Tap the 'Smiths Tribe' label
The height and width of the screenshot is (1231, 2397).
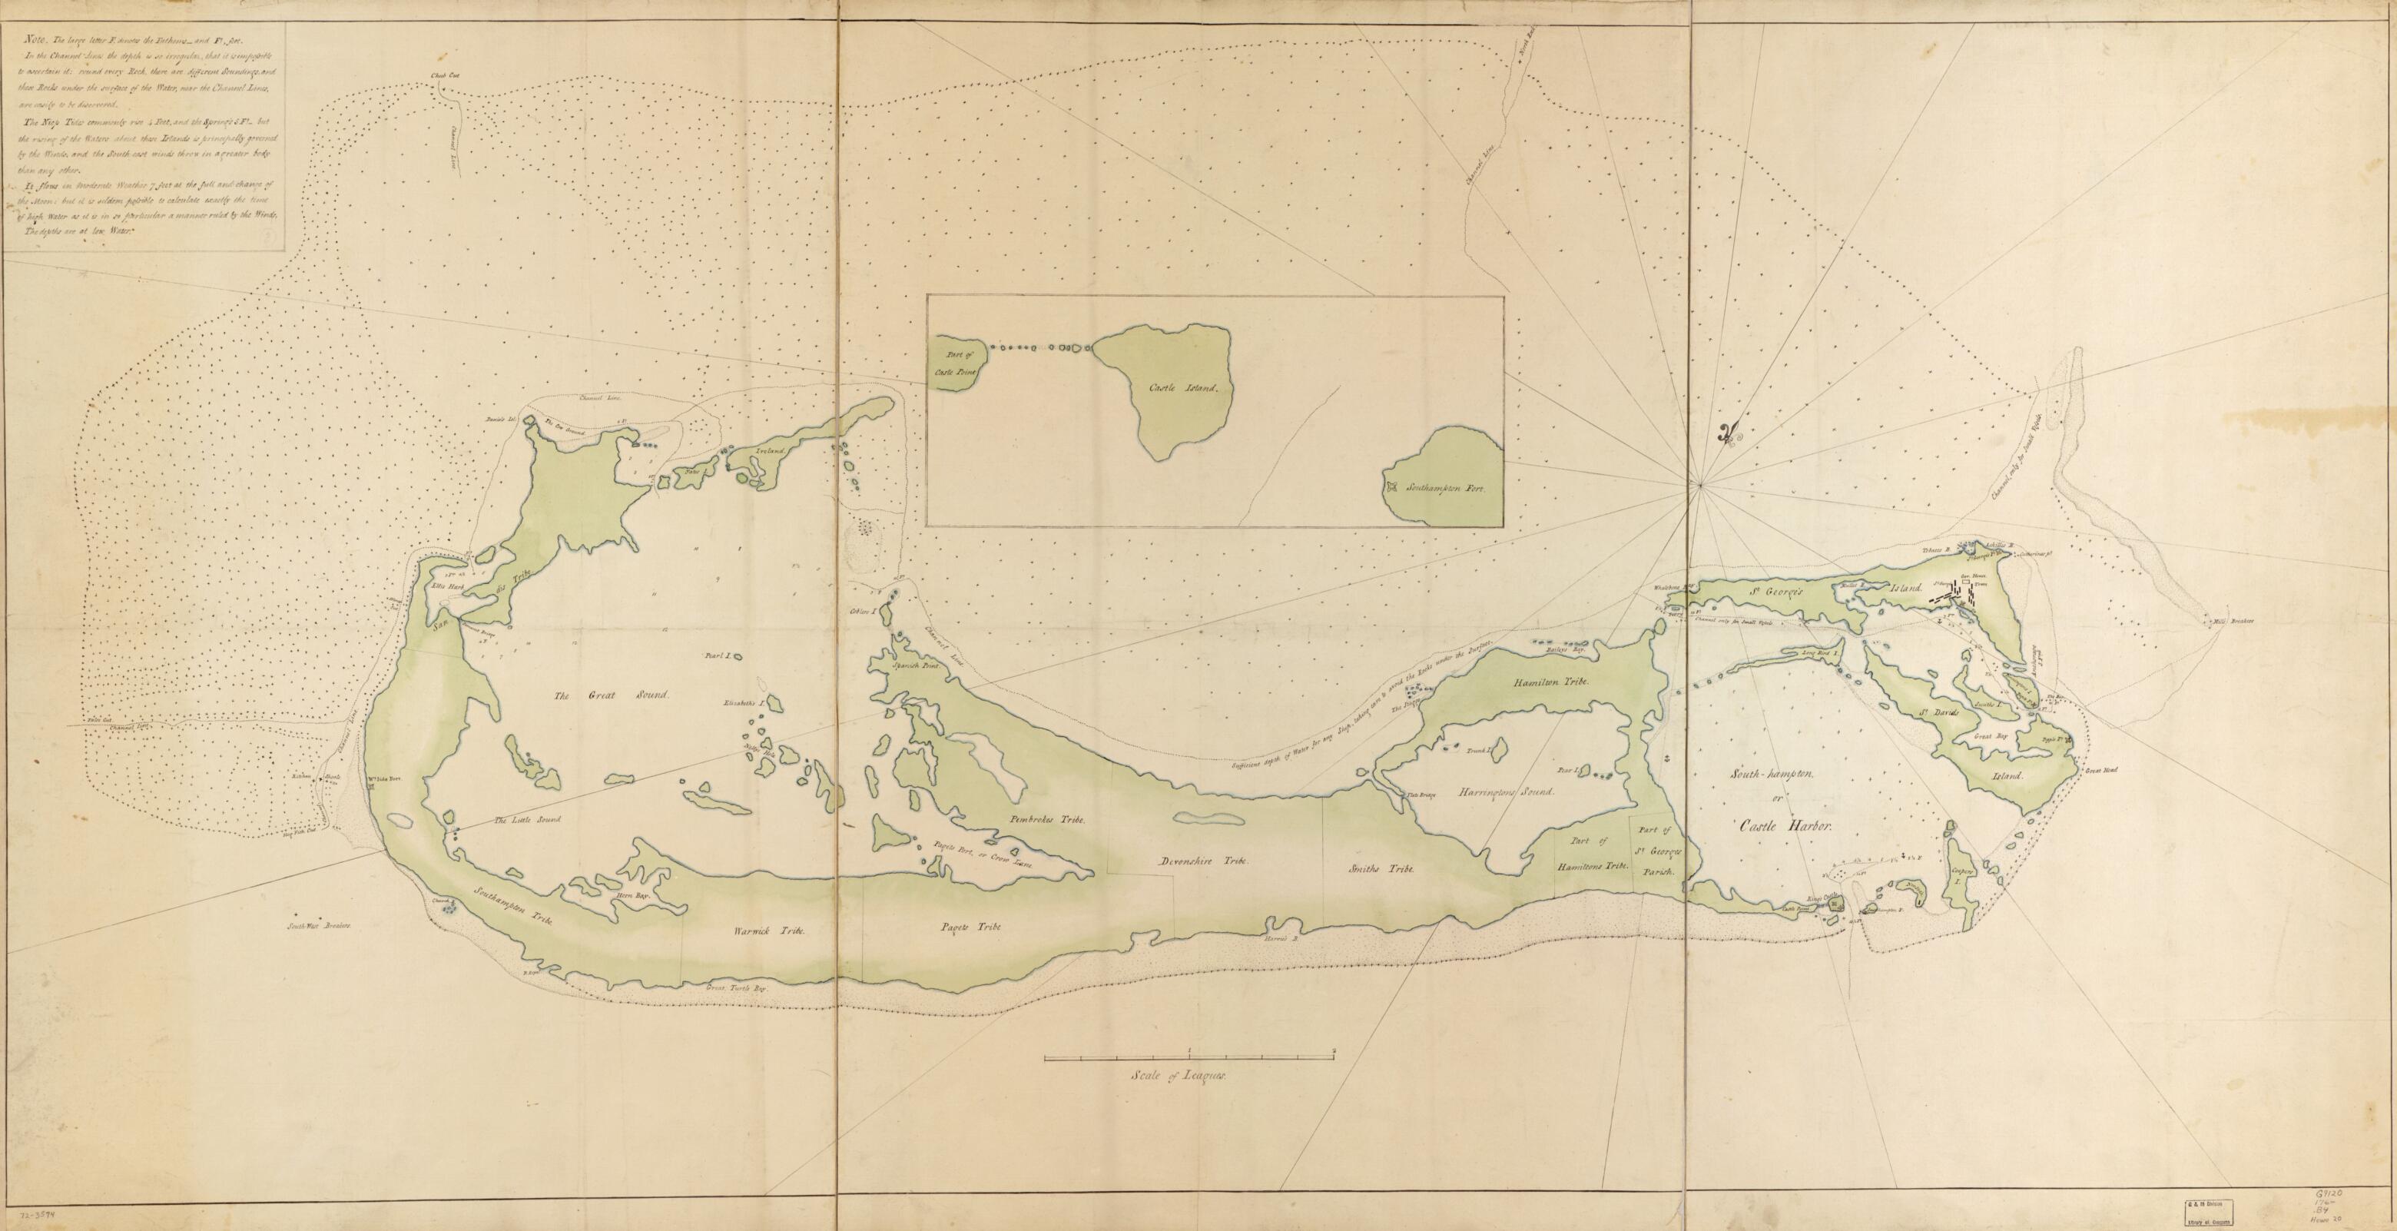(1381, 868)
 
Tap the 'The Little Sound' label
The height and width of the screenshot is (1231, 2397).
(528, 820)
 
